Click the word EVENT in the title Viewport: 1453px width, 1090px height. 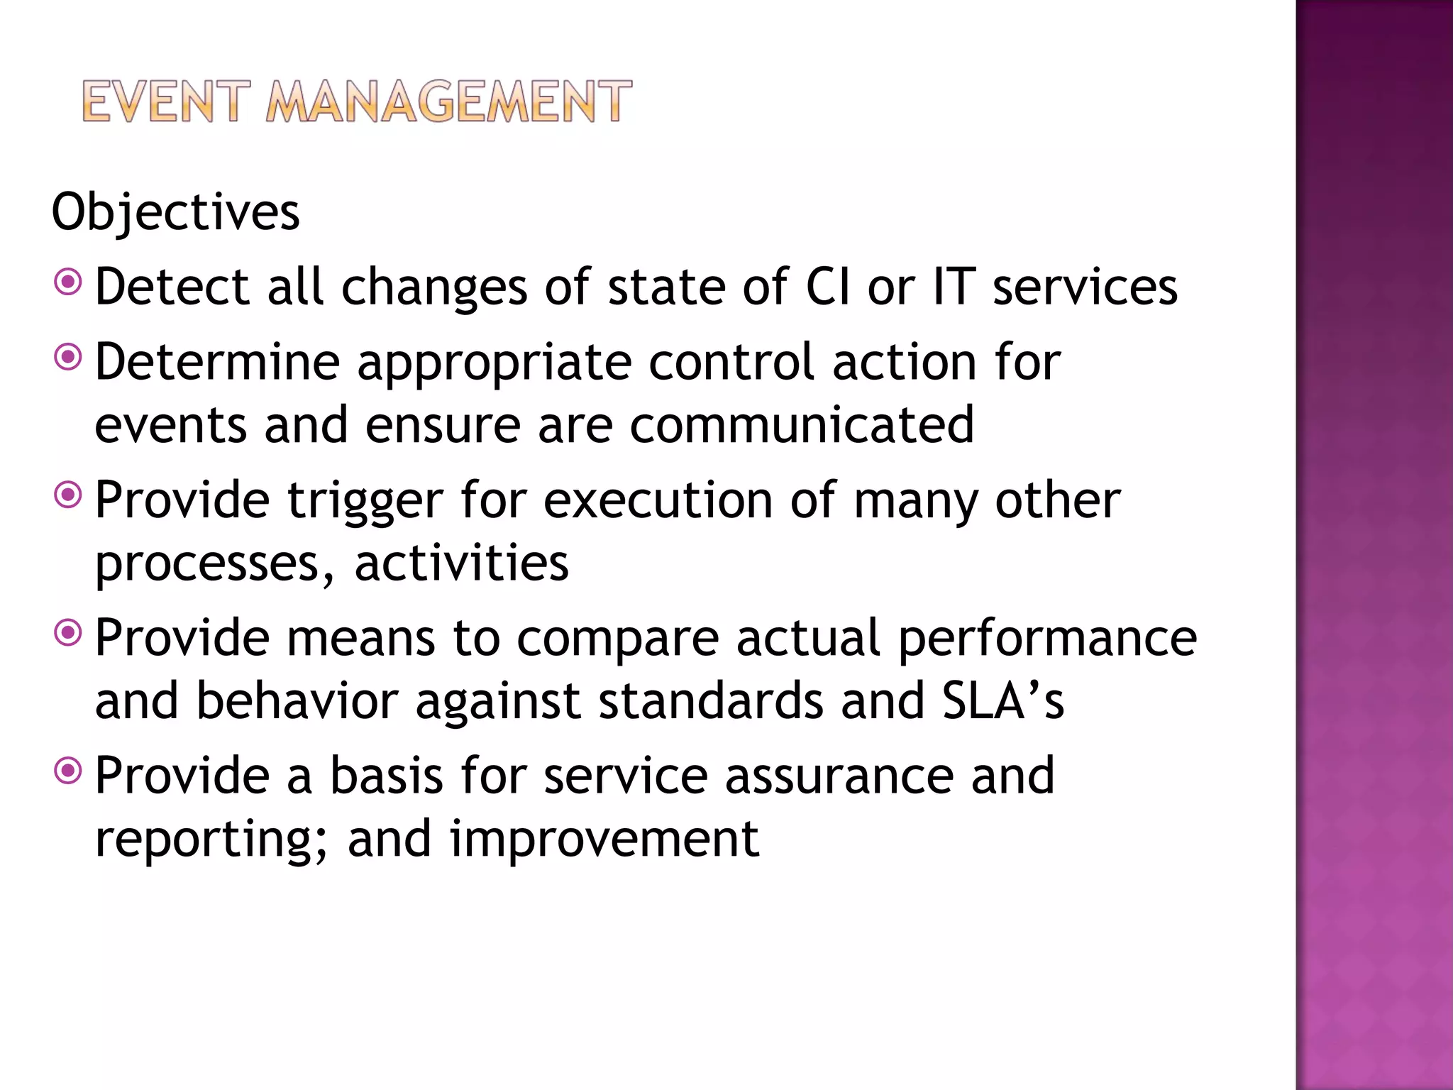coord(166,101)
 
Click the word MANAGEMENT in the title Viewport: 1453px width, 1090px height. coord(448,101)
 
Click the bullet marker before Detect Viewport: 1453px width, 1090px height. coord(68,282)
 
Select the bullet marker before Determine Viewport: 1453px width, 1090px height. coord(68,357)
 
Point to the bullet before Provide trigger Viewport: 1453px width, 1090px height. coord(68,495)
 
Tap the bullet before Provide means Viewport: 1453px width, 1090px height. coord(68,632)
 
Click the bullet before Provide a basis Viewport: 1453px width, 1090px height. coord(68,770)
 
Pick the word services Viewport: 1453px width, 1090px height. coord(1085,288)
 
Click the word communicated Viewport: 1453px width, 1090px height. coord(802,425)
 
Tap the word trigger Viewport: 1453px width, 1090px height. coord(365,502)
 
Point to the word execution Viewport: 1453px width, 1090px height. coord(658,500)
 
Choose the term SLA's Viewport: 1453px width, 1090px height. coord(1002,700)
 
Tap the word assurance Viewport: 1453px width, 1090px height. coord(839,776)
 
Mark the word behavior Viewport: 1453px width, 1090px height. coord(297,700)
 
